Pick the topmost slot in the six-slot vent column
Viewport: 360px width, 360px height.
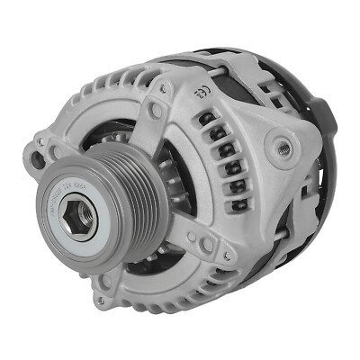pyautogui.click(x=209, y=118)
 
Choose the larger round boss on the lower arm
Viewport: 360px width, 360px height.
pyautogui.click(x=208, y=245)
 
